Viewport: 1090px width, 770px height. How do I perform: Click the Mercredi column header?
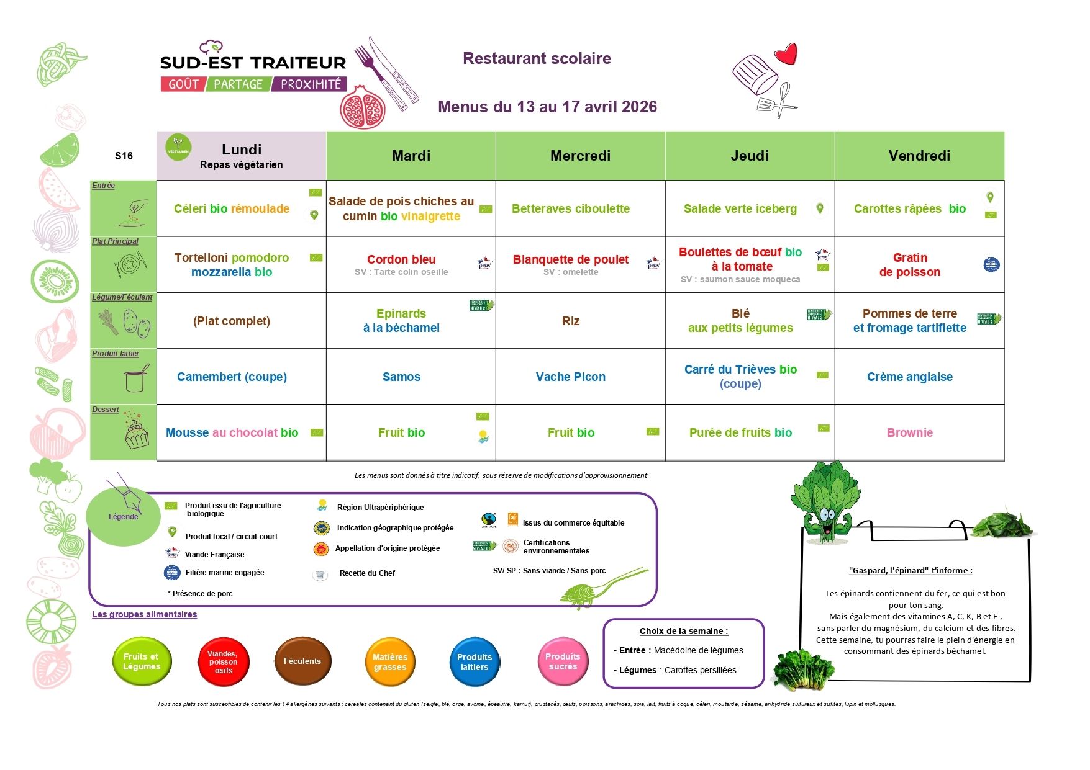click(x=580, y=156)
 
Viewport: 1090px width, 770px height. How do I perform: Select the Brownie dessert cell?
click(x=909, y=432)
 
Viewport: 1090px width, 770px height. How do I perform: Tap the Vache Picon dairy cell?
click(x=570, y=377)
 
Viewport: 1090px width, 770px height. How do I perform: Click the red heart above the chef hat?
click(x=786, y=54)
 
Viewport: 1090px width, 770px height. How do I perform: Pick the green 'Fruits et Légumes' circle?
click(x=142, y=661)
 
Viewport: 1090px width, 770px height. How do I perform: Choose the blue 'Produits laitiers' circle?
click(x=475, y=662)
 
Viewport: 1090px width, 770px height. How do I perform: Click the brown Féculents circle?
click(x=302, y=661)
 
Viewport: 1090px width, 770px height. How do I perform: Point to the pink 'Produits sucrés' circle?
click(x=563, y=661)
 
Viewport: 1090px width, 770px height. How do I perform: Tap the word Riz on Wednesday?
click(x=570, y=321)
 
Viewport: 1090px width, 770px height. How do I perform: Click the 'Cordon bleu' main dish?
click(x=401, y=259)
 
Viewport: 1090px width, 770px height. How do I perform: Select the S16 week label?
click(x=124, y=156)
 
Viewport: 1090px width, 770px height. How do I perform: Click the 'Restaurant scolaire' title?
click(x=537, y=58)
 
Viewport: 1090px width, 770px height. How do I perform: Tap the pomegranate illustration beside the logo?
click(x=363, y=107)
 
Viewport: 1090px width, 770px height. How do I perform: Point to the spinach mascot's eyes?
click(x=827, y=514)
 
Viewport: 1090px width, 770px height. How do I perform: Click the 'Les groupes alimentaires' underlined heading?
click(x=144, y=614)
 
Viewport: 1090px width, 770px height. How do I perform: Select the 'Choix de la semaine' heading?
click(x=683, y=631)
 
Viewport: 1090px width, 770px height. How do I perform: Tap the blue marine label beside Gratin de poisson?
click(x=991, y=265)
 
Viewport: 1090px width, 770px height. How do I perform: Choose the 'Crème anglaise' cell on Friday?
click(x=909, y=377)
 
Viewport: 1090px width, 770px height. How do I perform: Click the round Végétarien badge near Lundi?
click(x=178, y=148)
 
